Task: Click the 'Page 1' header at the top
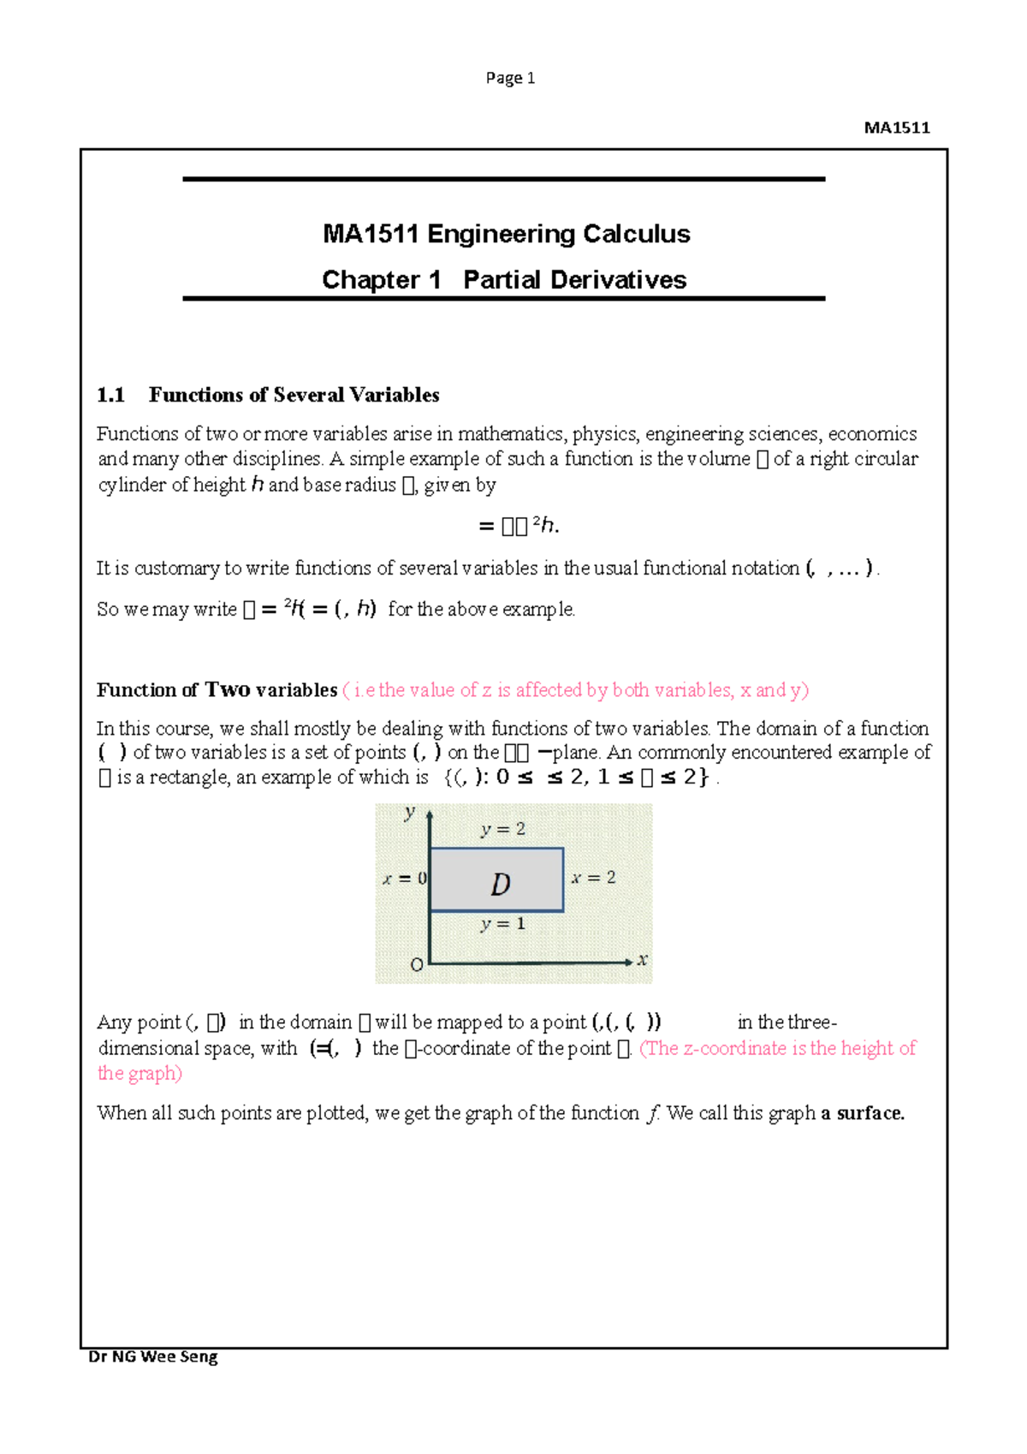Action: [510, 78]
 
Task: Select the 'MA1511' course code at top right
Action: [896, 128]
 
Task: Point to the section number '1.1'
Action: [110, 395]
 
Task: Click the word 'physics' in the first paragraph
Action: [604, 434]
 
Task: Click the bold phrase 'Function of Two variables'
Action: [217, 690]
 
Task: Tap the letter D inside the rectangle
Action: [501, 885]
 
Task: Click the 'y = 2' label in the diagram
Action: [503, 829]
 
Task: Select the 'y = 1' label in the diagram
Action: [503, 924]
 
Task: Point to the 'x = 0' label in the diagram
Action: [404, 879]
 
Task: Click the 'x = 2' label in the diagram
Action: [593, 878]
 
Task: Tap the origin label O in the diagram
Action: [417, 965]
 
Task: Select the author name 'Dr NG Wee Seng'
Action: [153, 1356]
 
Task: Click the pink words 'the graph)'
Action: [140, 1074]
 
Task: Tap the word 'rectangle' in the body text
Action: [188, 778]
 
